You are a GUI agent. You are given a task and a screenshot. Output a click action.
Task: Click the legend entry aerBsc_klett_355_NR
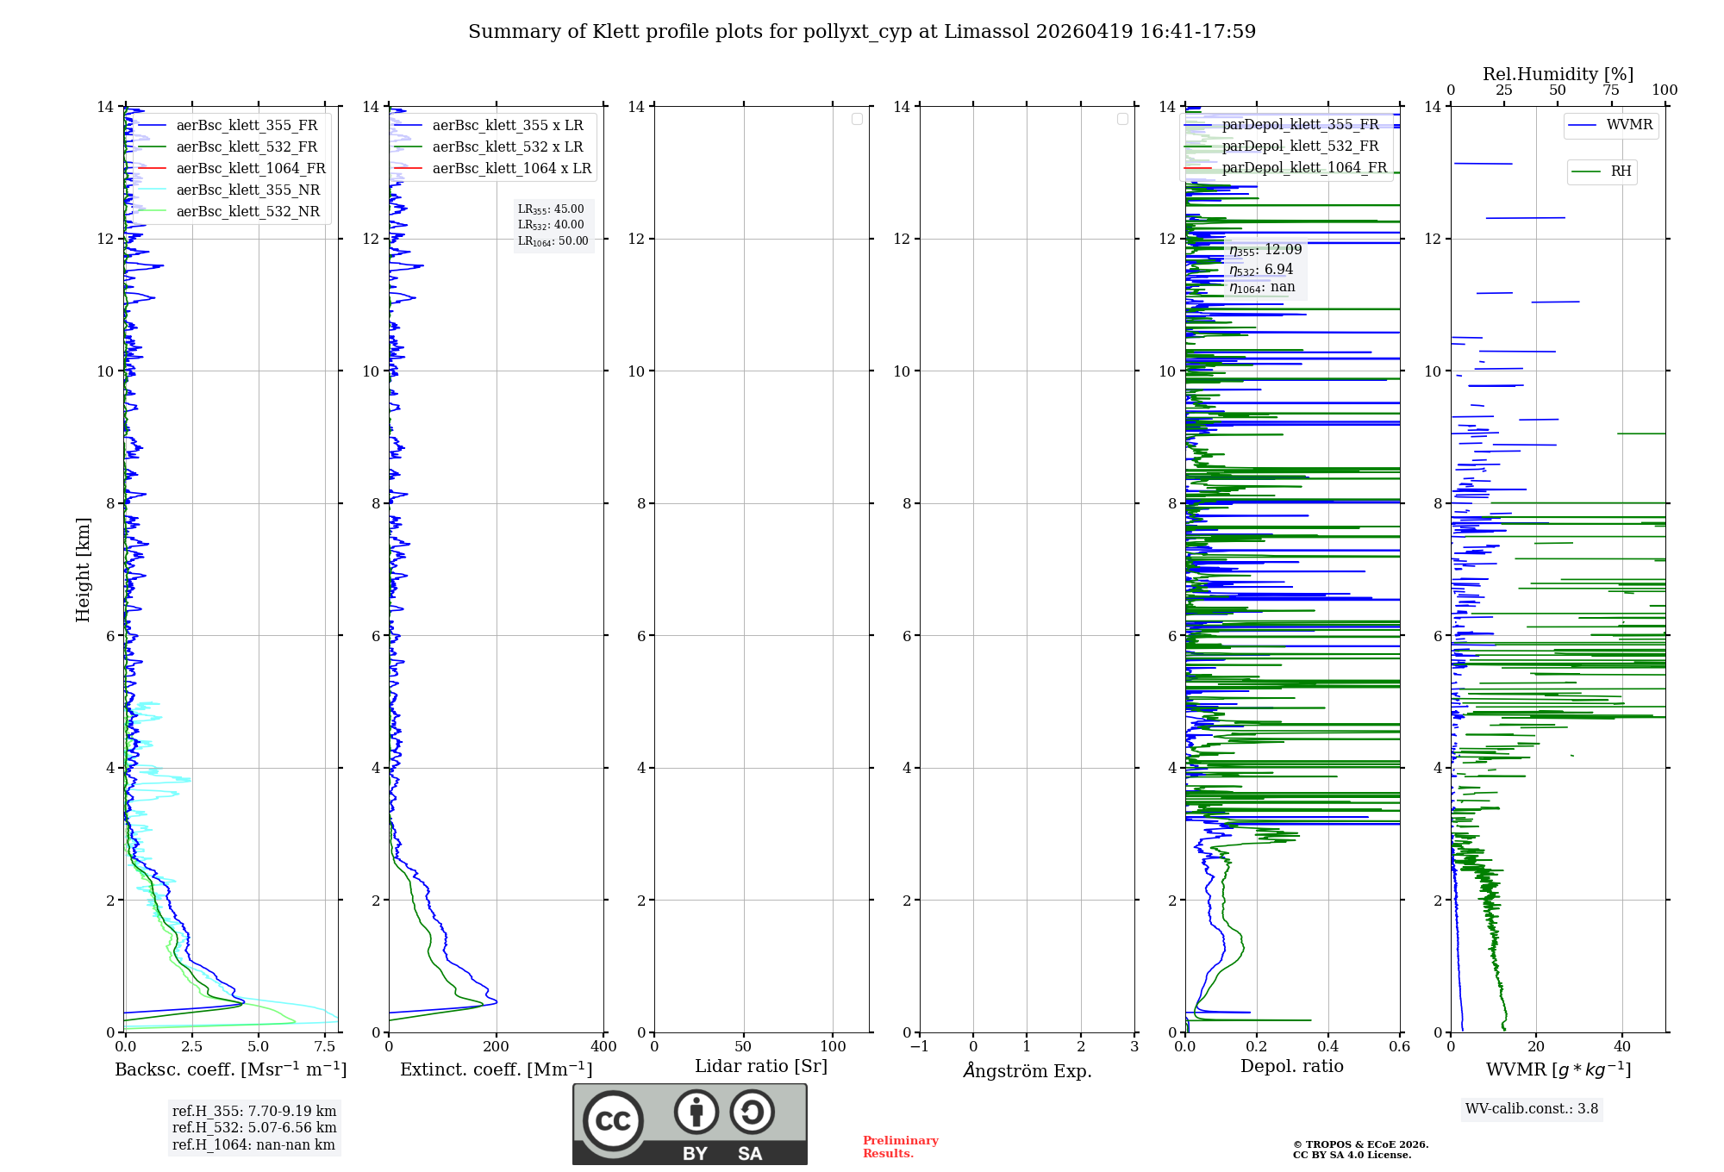click(x=247, y=190)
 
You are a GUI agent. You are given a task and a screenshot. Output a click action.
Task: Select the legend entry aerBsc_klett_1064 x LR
click(x=511, y=169)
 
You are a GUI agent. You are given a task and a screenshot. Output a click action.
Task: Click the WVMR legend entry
click(x=1629, y=125)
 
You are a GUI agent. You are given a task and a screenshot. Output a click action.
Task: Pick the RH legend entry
click(x=1621, y=171)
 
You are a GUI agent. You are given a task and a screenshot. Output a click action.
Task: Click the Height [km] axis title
click(x=83, y=570)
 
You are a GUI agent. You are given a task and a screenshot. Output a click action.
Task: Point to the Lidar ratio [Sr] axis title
click(x=761, y=1067)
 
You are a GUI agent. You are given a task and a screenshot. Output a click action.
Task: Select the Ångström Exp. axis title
click(x=1027, y=1070)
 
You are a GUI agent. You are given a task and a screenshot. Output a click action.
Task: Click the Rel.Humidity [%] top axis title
click(x=1558, y=74)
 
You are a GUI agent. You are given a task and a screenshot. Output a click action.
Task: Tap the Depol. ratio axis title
click(x=1291, y=1067)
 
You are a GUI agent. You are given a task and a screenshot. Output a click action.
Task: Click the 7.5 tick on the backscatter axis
click(x=325, y=1047)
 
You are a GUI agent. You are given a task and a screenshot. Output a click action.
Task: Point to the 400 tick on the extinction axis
click(x=603, y=1047)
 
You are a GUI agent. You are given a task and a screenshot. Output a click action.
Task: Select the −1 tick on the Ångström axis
click(x=920, y=1047)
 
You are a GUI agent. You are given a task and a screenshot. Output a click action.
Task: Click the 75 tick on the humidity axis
click(x=1611, y=90)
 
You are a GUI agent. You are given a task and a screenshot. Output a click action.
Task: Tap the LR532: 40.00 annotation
click(x=551, y=225)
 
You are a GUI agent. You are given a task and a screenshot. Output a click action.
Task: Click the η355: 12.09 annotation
click(x=1265, y=251)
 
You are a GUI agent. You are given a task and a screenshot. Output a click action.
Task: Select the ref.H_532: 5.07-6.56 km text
click(x=254, y=1128)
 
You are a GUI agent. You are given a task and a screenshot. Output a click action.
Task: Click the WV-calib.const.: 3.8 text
click(x=1532, y=1109)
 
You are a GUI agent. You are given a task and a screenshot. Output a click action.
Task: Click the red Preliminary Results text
click(x=900, y=1147)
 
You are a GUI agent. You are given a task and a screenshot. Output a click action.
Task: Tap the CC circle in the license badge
click(x=613, y=1121)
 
